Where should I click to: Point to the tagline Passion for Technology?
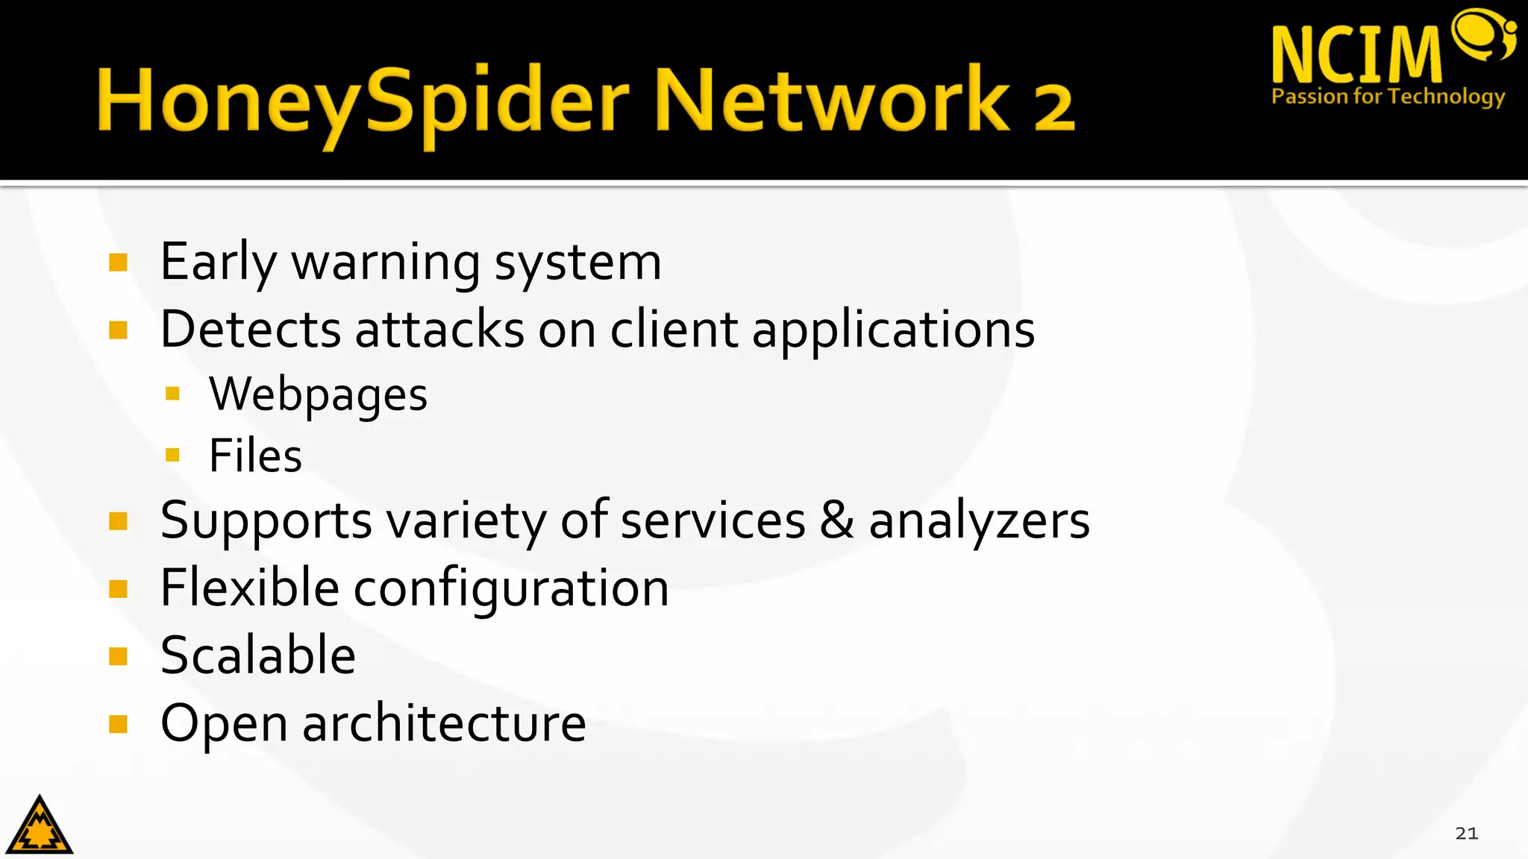(x=1388, y=97)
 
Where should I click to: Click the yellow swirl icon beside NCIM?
(x=1484, y=34)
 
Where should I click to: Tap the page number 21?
(x=1466, y=833)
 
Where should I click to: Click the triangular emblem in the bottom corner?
(x=39, y=826)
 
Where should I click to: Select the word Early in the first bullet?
(x=218, y=263)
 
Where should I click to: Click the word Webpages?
(x=318, y=394)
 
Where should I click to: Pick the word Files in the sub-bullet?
(x=255, y=456)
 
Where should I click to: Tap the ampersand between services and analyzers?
(x=836, y=520)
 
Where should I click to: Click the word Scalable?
(x=258, y=655)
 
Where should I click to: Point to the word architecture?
(x=444, y=723)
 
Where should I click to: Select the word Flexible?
(x=250, y=588)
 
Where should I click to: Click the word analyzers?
(x=979, y=521)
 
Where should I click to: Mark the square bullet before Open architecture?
(x=118, y=724)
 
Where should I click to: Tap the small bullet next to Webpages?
(x=173, y=393)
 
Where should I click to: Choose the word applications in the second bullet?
(x=893, y=330)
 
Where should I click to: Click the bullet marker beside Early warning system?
(x=118, y=262)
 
